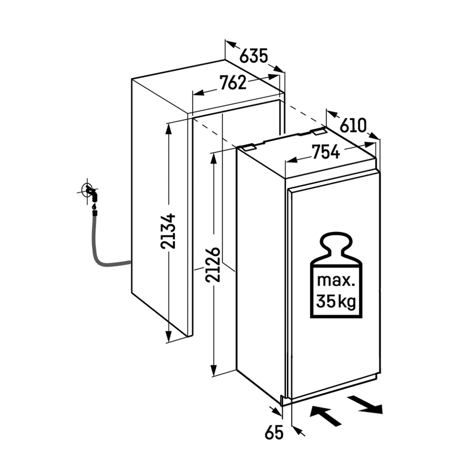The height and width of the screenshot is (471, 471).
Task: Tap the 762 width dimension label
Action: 233,82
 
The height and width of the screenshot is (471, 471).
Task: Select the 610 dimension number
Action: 353,125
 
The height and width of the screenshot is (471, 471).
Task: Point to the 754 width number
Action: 325,152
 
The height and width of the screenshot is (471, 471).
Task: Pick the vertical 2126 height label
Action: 213,265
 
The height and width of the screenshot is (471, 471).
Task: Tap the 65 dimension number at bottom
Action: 274,433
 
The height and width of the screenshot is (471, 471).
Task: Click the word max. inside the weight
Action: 336,281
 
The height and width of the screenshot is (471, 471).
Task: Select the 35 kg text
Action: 336,301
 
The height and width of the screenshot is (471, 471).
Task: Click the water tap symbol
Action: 90,193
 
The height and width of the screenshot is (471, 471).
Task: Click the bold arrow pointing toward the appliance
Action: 325,415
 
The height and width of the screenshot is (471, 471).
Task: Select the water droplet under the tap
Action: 94,207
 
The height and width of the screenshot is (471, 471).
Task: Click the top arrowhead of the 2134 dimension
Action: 169,129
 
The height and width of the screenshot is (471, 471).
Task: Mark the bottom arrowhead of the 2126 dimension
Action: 213,370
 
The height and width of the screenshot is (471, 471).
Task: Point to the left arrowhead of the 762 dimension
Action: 199,93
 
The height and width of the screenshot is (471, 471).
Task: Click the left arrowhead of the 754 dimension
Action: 291,161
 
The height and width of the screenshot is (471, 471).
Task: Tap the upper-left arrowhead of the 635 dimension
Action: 231,44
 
